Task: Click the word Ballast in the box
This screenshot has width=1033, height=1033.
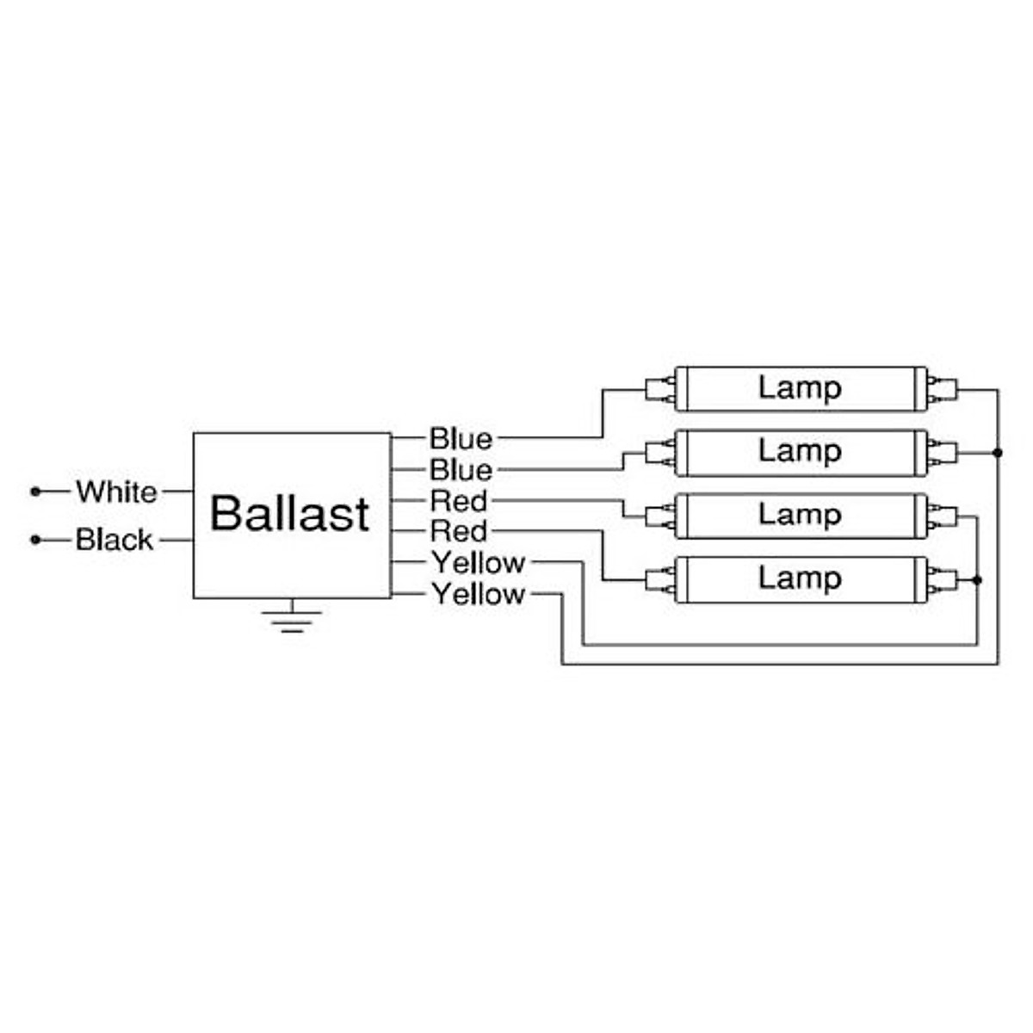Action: point(289,514)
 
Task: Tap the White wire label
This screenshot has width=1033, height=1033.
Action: point(117,492)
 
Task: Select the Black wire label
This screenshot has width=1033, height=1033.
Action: point(114,539)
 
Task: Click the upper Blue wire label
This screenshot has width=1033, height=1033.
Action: point(461,439)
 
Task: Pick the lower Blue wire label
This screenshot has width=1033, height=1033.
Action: point(461,470)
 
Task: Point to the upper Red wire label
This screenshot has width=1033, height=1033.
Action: point(458,501)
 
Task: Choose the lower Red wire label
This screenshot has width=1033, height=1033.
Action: point(458,531)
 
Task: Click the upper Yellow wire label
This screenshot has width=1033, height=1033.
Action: point(479,563)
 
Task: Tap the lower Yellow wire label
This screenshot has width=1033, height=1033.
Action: point(479,594)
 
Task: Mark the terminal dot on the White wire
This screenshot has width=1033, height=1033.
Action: point(36,491)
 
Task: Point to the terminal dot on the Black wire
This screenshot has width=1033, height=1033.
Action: point(36,539)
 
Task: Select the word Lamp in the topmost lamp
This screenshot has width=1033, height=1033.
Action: point(799,388)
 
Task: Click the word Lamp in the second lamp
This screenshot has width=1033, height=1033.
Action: point(799,452)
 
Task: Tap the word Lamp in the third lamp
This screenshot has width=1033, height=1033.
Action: point(799,516)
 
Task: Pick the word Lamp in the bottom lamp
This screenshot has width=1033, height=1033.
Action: point(799,579)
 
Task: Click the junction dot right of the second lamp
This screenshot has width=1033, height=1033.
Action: point(997,453)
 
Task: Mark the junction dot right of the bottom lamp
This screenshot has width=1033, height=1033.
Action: point(977,580)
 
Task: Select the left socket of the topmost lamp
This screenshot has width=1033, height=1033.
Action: point(659,390)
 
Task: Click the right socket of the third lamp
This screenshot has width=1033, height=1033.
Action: point(943,516)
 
